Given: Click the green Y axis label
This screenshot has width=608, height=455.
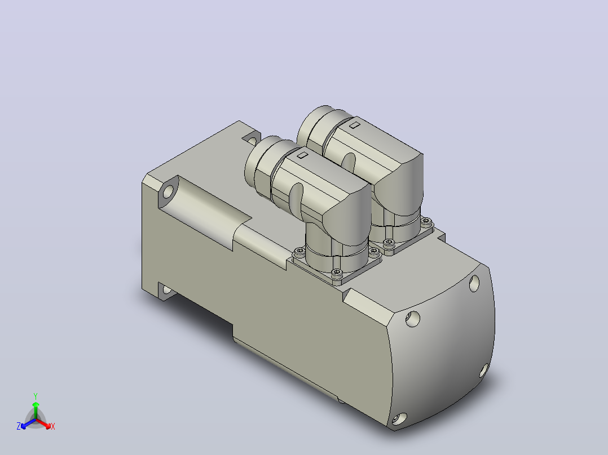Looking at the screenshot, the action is click(x=36, y=396).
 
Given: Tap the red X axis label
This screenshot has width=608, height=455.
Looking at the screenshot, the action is click(x=53, y=426).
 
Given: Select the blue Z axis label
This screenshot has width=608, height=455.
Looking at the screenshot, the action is click(x=18, y=426).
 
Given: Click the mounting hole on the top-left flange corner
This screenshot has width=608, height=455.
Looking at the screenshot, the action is click(x=169, y=191).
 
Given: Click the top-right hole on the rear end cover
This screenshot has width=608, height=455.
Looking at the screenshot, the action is click(x=474, y=283).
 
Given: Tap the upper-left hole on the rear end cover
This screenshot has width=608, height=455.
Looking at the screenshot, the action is click(x=413, y=319).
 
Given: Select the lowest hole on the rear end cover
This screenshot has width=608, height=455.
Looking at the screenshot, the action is click(x=399, y=418).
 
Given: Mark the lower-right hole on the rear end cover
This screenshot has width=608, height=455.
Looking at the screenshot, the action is click(x=483, y=371).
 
